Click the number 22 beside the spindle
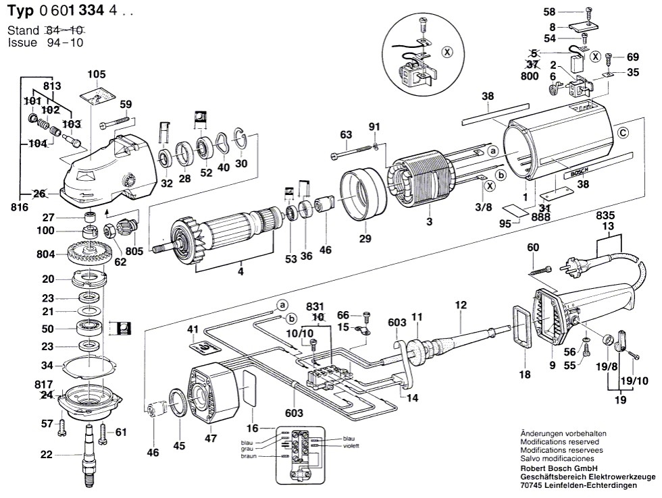click(45, 455)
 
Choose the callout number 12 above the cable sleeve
click(461, 305)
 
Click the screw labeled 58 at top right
click(586, 11)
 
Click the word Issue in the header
click(22, 43)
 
